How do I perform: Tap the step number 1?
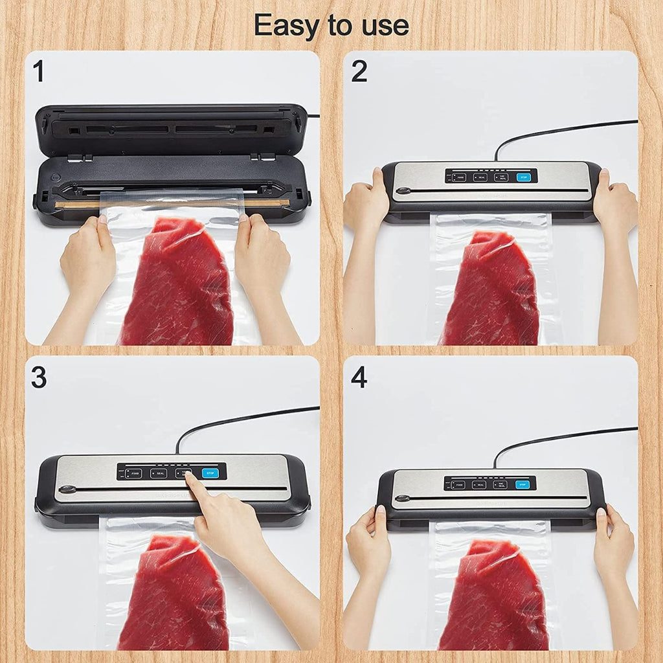pos(39,72)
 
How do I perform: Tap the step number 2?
pos(359,72)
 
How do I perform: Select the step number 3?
pos(39,377)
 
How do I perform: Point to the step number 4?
pos(359,377)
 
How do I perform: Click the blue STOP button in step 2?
pos(523,177)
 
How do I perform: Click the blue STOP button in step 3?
pos(209,473)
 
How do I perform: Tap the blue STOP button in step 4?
pos(522,484)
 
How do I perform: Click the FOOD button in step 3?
pos(134,473)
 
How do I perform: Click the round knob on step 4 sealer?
pos(403,499)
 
